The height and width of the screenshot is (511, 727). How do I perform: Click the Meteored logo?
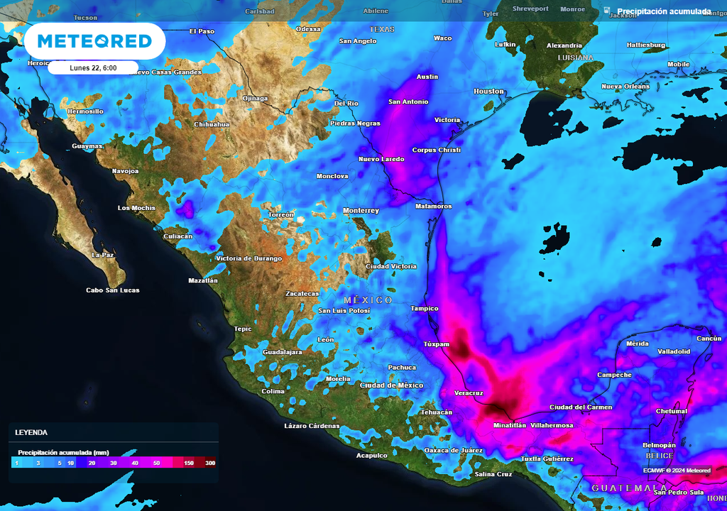point(94,41)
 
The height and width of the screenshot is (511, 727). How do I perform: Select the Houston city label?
point(488,92)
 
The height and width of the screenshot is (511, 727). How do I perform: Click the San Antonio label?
point(408,101)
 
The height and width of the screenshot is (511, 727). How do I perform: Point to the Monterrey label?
point(361,211)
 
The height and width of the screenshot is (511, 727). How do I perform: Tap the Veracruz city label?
point(469,392)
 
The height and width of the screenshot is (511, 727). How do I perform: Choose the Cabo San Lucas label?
point(113,290)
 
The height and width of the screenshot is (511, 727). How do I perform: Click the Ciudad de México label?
point(391,385)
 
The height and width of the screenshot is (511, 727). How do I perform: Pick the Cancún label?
point(709,339)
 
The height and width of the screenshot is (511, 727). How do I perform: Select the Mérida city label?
point(638,344)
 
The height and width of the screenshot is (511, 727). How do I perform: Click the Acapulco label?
point(371,455)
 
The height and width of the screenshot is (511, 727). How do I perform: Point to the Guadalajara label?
point(283,352)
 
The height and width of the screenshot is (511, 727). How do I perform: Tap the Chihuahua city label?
point(212,124)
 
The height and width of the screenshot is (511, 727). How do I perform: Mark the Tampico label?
point(425,309)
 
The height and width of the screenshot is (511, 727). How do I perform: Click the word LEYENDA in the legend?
point(31,432)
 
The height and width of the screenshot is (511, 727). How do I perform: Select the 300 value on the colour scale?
point(210,463)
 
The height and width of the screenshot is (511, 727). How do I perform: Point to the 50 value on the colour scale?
point(156,463)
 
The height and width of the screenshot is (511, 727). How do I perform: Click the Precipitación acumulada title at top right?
point(663,11)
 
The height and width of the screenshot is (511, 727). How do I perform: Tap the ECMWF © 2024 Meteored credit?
point(677,470)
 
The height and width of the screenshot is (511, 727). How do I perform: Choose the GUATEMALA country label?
point(625,488)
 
